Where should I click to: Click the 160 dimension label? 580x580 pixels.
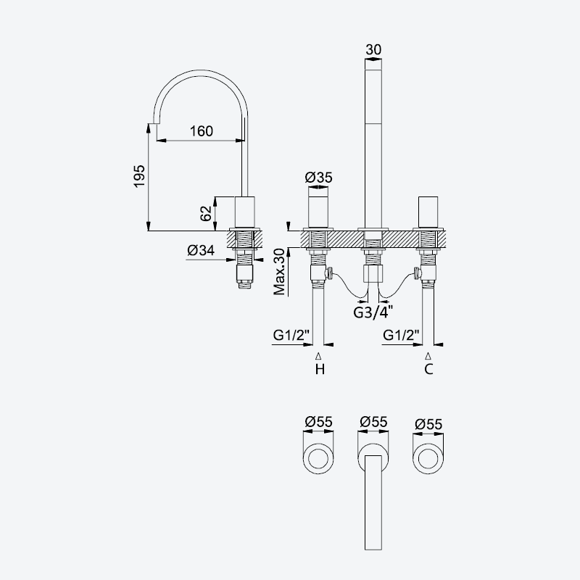[x=202, y=131]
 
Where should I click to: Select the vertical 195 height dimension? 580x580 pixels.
[x=149, y=177]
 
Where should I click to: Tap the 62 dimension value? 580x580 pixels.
[x=206, y=213]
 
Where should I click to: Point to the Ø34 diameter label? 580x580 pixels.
[x=201, y=250]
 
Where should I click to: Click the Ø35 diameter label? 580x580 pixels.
[x=318, y=178]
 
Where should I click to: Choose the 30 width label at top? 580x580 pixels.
[x=373, y=49]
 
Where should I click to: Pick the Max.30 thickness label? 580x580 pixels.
[x=280, y=272]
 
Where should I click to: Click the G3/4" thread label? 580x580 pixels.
[x=373, y=312]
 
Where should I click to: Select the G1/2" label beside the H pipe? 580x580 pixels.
[x=291, y=335]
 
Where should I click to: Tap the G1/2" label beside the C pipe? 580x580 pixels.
[x=402, y=335]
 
